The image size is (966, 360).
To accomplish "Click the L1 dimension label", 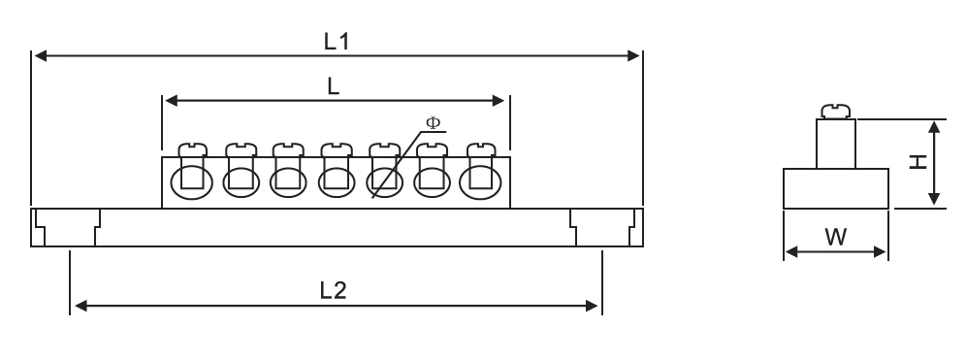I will tap(336, 41).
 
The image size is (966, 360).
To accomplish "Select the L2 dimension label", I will tap(336, 290).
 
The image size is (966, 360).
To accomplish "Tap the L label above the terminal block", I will tap(333, 86).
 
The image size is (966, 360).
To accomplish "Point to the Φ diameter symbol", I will tap(433, 123).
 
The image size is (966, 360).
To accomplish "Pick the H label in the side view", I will tap(916, 162).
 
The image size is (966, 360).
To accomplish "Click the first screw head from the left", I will tap(192, 149).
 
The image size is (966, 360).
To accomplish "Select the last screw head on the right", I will tap(480, 149).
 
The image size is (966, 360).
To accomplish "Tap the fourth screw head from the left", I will tap(336, 149).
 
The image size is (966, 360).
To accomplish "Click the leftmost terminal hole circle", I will tap(189, 180).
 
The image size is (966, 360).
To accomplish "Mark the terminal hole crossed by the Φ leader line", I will tap(385, 180).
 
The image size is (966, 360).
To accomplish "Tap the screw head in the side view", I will tap(835, 111).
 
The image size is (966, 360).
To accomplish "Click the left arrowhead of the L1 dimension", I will tap(40, 56).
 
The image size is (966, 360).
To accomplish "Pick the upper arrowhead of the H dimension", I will tap(934, 126).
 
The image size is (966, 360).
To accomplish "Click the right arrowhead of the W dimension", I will tap(882, 252).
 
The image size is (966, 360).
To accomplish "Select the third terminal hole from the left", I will tap(286, 180).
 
